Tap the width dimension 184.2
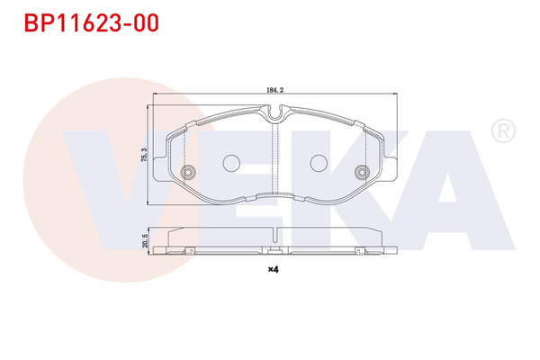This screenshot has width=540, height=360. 275,91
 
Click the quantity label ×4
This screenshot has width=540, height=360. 274,268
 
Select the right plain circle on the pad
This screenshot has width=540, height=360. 319,163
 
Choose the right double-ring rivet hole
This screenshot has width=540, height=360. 361,173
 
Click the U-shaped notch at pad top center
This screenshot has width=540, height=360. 274,113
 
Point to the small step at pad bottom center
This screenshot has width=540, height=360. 274,195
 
